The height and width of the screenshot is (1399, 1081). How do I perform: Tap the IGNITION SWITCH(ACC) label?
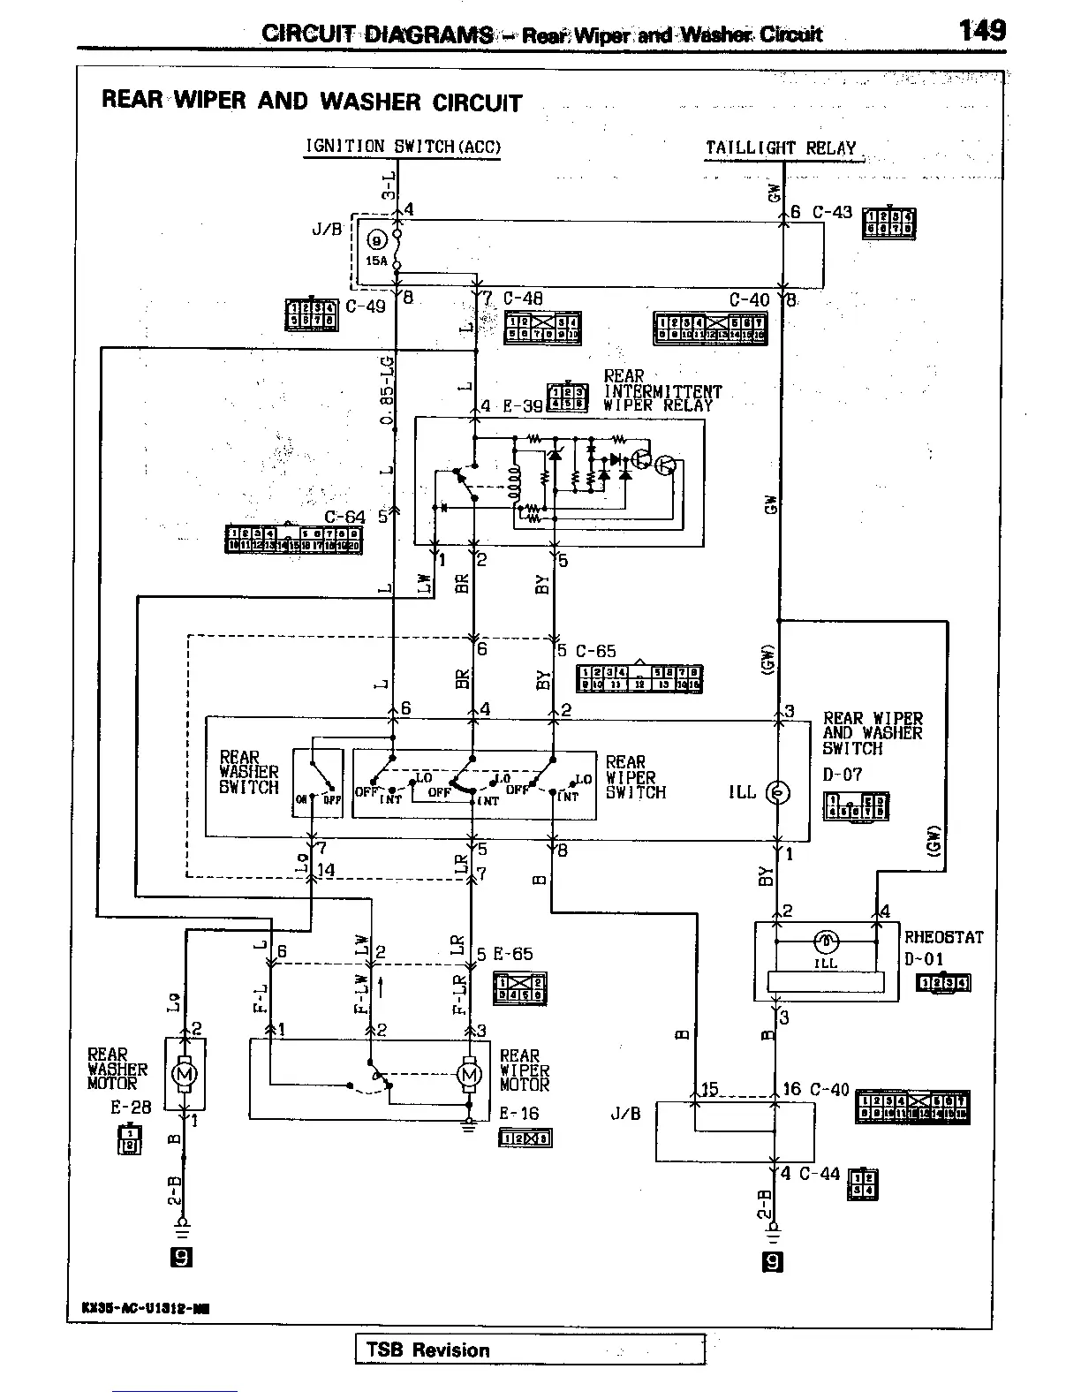403,147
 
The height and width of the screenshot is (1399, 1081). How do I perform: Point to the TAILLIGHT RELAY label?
781,148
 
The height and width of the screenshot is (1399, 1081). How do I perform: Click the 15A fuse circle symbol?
377,239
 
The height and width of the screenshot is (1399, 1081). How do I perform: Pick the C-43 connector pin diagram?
889,223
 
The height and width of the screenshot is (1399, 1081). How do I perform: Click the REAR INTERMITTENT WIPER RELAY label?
662,391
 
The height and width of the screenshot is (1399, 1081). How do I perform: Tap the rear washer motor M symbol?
185,1074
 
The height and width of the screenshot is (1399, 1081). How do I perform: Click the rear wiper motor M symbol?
469,1074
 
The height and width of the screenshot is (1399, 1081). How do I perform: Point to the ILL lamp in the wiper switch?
778,792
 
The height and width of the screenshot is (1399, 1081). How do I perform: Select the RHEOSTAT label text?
942,937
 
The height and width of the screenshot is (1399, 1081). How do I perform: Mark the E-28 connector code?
130,1106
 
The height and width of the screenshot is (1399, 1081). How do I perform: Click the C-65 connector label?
596,652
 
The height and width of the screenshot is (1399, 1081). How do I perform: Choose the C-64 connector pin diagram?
293,539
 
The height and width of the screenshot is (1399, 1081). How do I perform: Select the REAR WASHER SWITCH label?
248,772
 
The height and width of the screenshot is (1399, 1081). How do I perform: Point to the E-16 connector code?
518,1114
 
